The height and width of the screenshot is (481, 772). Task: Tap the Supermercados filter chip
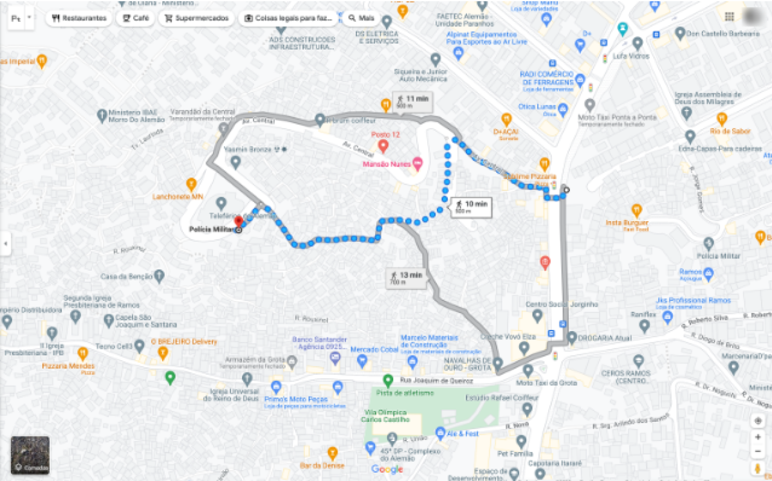196,18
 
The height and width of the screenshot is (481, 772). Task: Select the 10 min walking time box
472,206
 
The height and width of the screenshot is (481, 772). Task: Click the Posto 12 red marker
383,147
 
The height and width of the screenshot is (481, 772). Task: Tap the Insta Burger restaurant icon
636,210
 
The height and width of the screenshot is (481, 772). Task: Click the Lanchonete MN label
178,196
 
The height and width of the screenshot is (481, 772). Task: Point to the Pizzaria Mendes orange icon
82,353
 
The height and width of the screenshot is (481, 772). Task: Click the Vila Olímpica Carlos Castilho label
387,416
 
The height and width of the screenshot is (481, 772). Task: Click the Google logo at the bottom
387,469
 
